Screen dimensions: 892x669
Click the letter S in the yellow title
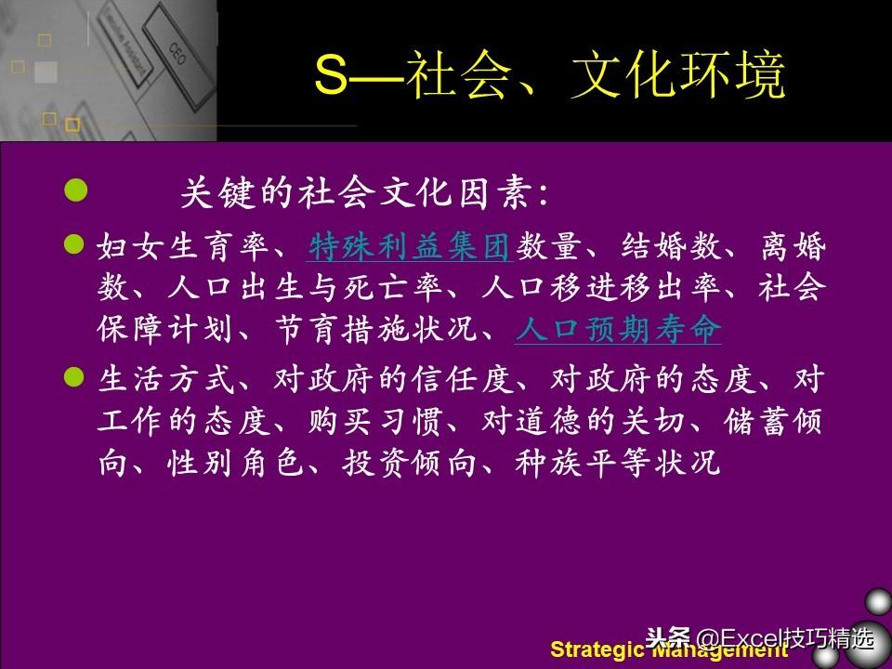(331, 74)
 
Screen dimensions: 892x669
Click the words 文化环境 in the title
(678, 75)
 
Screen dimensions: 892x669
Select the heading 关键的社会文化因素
(359, 193)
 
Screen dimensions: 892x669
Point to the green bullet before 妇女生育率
(74, 244)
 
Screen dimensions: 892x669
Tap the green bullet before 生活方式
(74, 376)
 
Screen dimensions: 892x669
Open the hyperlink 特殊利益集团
(409, 247)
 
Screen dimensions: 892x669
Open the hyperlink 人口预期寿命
(619, 329)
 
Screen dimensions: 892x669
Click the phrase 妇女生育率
(183, 247)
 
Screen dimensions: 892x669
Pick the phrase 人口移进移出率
(599, 287)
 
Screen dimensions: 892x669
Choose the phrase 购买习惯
(375, 421)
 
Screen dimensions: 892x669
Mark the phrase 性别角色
(235, 463)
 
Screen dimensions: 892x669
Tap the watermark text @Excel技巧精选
(785, 638)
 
